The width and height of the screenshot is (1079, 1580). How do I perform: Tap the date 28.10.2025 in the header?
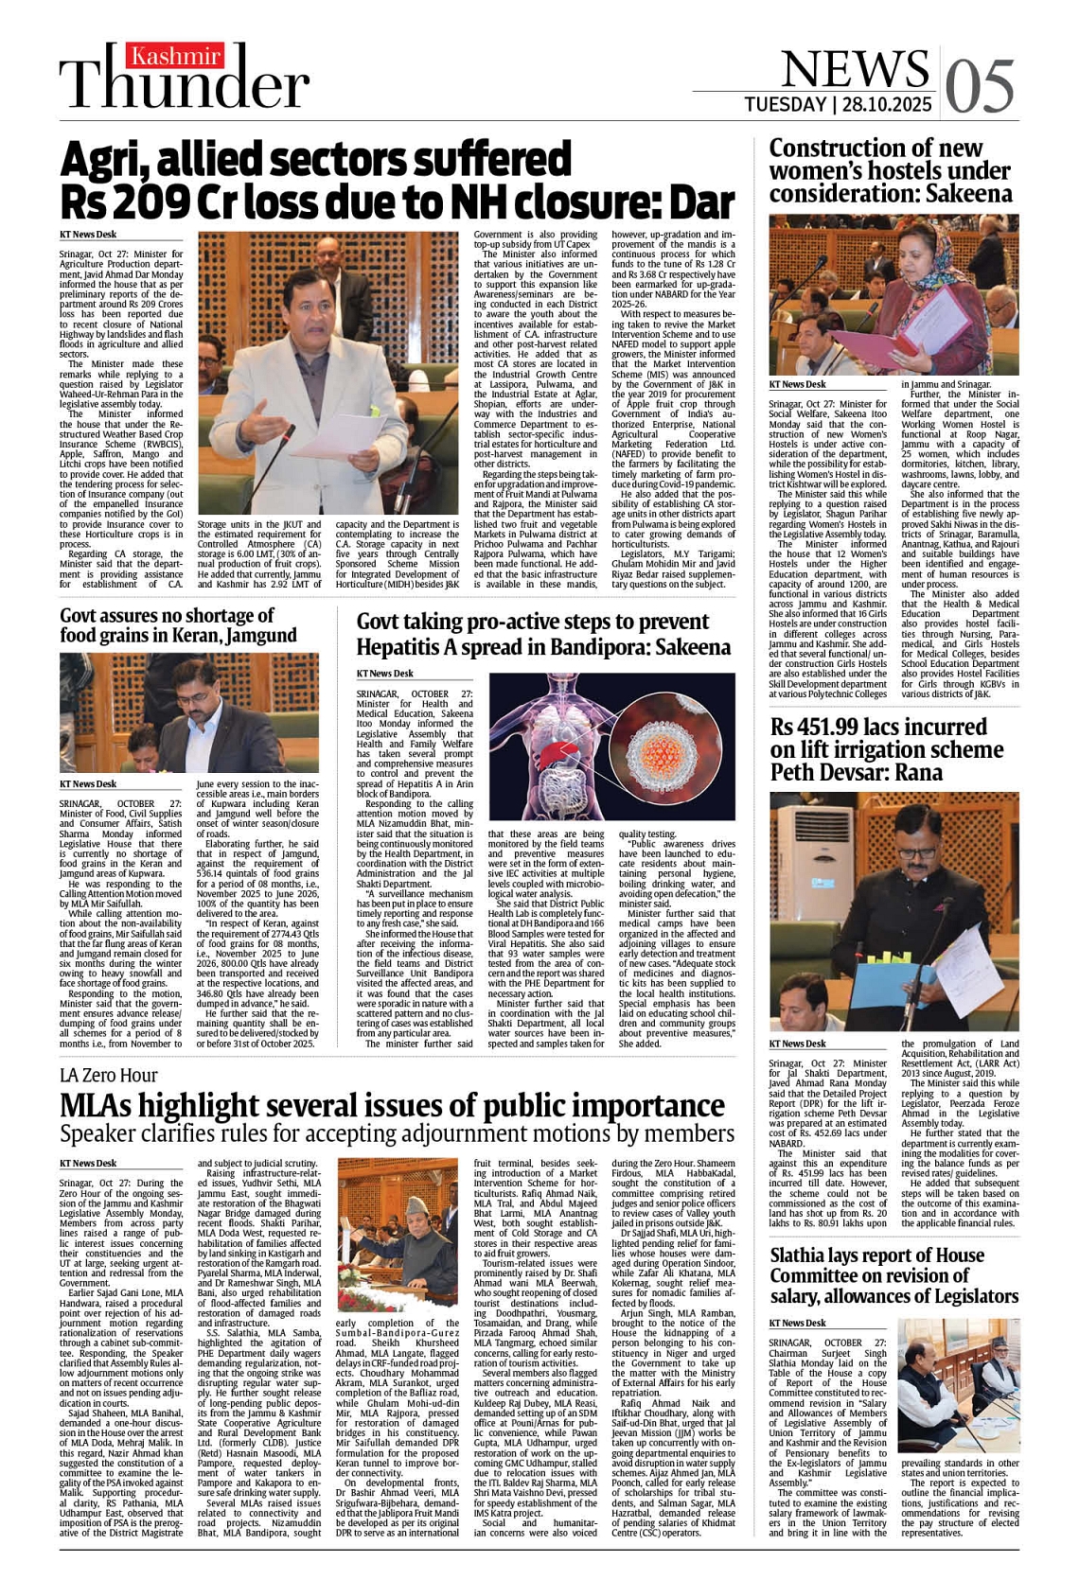pyautogui.click(x=885, y=104)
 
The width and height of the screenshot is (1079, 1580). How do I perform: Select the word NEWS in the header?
pyautogui.click(x=855, y=68)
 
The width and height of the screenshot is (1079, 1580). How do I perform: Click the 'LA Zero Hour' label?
pyautogui.click(x=108, y=1076)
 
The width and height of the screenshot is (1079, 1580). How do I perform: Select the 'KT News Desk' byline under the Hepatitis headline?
pyautogui.click(x=385, y=674)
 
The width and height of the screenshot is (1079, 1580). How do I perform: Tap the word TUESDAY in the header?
pyautogui.click(x=785, y=104)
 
